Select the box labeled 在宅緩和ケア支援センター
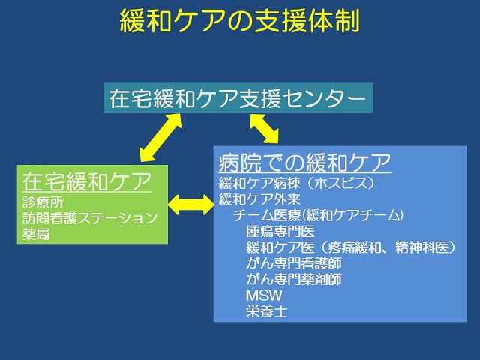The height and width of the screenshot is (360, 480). (x=238, y=97)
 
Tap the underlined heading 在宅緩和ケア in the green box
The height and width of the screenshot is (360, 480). (x=87, y=182)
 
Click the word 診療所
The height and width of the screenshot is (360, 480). (x=44, y=202)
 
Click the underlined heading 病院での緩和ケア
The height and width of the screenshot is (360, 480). (x=305, y=162)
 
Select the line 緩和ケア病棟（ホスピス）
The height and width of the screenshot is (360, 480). (x=295, y=183)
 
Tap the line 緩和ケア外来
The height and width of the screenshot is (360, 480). (x=259, y=199)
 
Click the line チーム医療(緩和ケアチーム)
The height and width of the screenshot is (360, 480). (x=319, y=216)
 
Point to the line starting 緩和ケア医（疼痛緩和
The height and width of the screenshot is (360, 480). (x=351, y=247)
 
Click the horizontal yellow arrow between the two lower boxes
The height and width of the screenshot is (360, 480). (x=191, y=202)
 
